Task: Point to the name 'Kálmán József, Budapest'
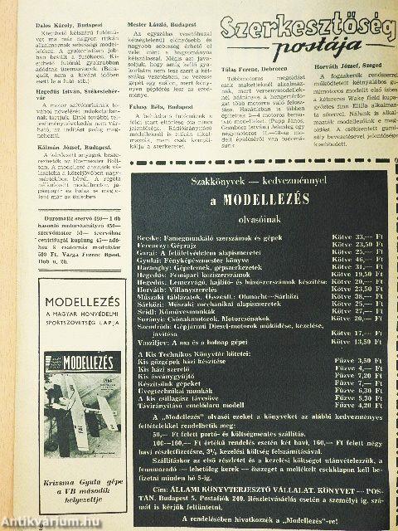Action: click(56, 191)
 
